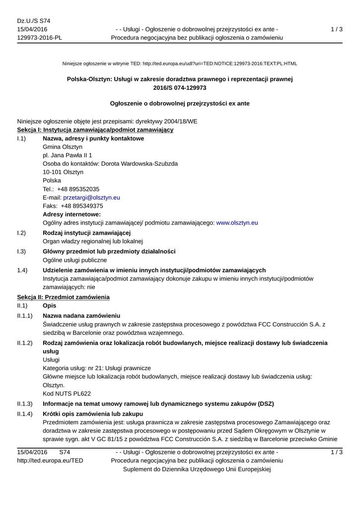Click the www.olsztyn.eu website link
pyautogui.click(x=237, y=223)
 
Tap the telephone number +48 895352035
pyautogui.click(x=78, y=189)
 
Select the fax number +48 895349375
pyautogui.click(x=82, y=206)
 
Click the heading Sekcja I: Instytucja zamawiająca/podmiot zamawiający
pyautogui.click(x=95, y=130)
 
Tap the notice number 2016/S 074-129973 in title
pyautogui.click(x=180, y=87)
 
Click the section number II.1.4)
pyautogui.click(x=25, y=414)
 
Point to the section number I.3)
pyautogui.click(x=21, y=252)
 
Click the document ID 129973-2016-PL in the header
pyautogui.click(x=40, y=38)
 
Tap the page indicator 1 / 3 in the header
pyautogui.click(x=336, y=29)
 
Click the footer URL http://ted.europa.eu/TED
pyautogui.click(x=50, y=461)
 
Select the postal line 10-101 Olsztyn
pyautogui.click(x=63, y=172)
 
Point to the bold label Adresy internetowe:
pyautogui.click(x=72, y=214)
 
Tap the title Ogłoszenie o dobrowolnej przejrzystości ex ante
pyautogui.click(x=180, y=104)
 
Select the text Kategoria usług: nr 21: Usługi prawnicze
pyautogui.click(x=97, y=368)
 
